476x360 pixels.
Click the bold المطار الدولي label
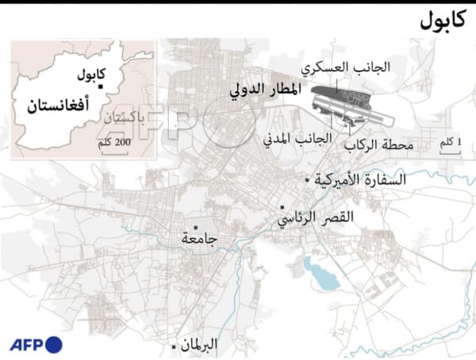pos(265,90)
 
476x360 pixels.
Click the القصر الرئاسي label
pos(314,216)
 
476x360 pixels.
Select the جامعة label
pos(199,237)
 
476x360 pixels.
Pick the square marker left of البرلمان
pos(174,346)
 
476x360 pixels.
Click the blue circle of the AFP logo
pos(53,344)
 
